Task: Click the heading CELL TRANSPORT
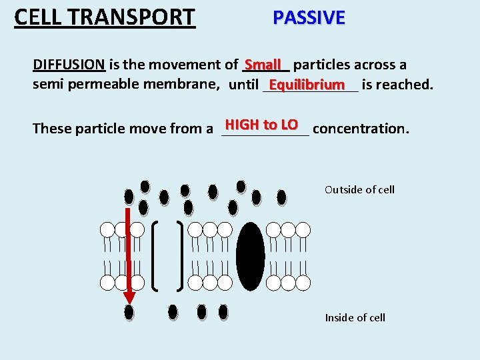pos(105,17)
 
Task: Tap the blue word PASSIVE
pos(309,17)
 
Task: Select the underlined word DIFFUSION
pos(69,65)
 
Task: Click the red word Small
pos(263,65)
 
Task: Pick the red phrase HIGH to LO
pos(261,125)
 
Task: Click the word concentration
pos(360,128)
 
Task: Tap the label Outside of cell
pos(359,189)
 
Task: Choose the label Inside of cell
pos(355,317)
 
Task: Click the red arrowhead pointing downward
pos(129,297)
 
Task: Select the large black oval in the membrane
pos(251,256)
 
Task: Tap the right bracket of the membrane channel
pos(181,256)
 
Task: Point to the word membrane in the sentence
pos(188,84)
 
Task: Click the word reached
pos(405,85)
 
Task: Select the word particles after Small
pos(321,65)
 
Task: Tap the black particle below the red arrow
pos(129,312)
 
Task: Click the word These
pos(52,128)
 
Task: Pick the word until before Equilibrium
pos(243,85)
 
